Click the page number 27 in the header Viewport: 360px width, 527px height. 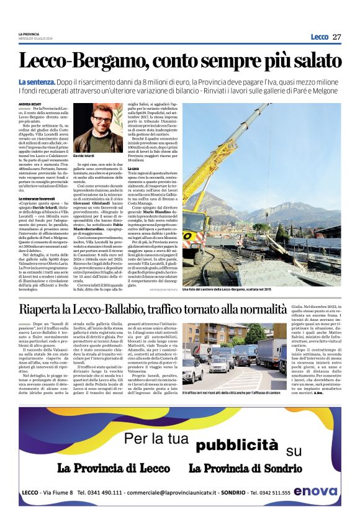point(336,37)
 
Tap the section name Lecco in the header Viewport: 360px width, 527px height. point(319,37)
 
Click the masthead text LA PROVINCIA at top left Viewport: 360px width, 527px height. point(29,34)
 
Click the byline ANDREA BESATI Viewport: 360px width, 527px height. point(30,104)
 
